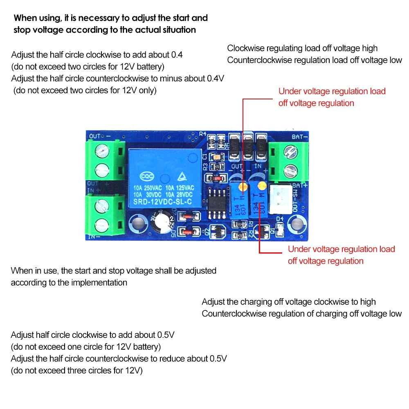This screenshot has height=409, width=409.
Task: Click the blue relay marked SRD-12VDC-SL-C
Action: (x=165, y=178)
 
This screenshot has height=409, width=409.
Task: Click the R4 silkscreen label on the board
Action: (x=203, y=134)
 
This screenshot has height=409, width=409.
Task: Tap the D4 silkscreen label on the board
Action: (x=280, y=219)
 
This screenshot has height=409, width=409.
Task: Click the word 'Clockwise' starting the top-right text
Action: (x=245, y=48)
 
